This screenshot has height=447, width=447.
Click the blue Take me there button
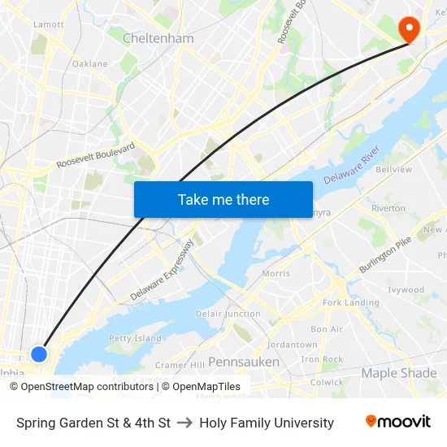tap(223, 199)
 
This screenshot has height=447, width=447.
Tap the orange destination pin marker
tap(408, 30)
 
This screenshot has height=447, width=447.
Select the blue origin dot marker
tap(39, 354)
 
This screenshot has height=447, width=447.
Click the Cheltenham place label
tap(158, 38)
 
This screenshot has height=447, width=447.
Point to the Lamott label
tap(48, 24)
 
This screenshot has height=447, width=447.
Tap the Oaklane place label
tap(89, 63)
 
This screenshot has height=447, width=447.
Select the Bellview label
tap(393, 170)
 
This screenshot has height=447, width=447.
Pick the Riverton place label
tap(388, 208)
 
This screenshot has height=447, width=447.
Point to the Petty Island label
tap(135, 338)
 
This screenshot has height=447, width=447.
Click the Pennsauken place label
tap(244, 362)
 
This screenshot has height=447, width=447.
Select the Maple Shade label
tap(399, 373)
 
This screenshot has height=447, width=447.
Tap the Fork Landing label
tap(351, 302)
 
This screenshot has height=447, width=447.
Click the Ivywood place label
tap(406, 289)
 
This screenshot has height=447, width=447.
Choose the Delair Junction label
tap(228, 314)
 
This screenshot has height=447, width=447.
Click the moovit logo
tap(398, 422)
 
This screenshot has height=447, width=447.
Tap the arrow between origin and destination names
tap(184, 423)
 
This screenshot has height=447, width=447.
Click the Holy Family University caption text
tap(267, 423)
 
